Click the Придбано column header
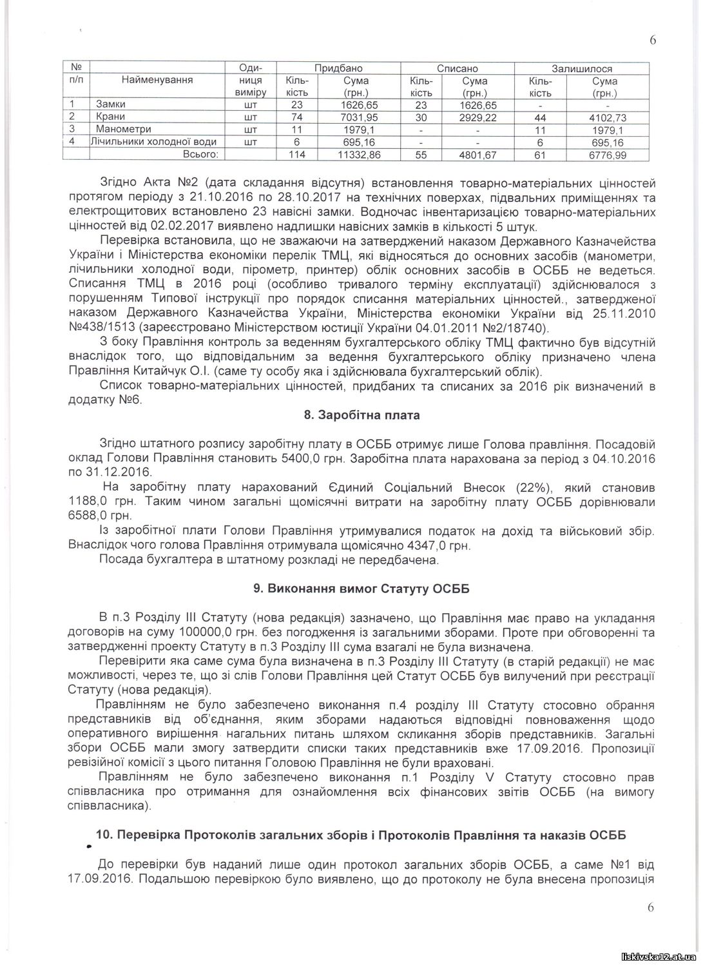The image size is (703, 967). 338,68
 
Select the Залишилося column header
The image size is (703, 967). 581,68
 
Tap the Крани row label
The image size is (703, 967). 110,117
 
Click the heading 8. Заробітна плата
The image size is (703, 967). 361,415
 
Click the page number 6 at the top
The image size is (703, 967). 653,40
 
